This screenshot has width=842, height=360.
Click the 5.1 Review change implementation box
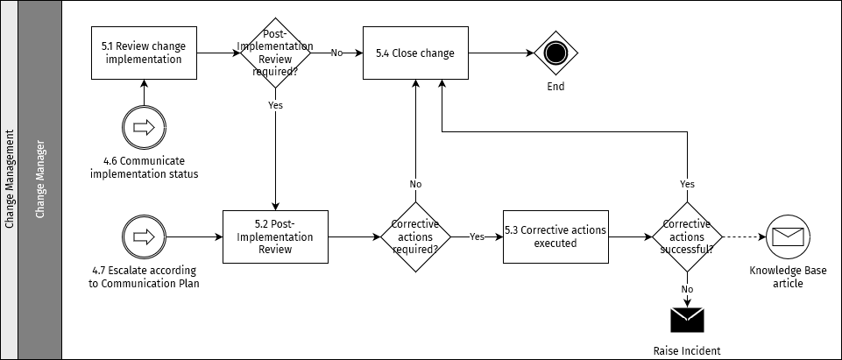pos(144,53)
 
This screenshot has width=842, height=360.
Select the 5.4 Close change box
pos(415,53)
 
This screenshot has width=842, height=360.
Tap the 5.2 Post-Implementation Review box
pos(276,236)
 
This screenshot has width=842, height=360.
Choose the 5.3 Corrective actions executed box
pos(555,236)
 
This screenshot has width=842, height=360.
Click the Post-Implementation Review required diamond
pos(276,53)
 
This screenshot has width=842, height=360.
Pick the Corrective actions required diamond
pos(415,236)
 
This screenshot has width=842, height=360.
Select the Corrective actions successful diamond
pos(687,236)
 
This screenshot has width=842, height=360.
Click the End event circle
pos(555,53)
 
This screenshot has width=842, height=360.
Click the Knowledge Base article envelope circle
pos(787,236)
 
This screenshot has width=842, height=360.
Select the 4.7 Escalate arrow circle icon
pos(144,236)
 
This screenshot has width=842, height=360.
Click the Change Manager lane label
pos(39,180)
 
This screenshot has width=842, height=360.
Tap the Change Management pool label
pos(10,180)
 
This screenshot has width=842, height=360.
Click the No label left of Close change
pos(336,53)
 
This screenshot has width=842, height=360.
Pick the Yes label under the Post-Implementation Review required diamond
pos(276,104)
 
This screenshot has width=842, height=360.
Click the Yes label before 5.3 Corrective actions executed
pos(477,236)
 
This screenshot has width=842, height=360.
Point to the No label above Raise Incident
pos(687,288)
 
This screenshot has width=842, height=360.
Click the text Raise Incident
pos(687,350)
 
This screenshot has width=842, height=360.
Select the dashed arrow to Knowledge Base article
pos(743,236)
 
